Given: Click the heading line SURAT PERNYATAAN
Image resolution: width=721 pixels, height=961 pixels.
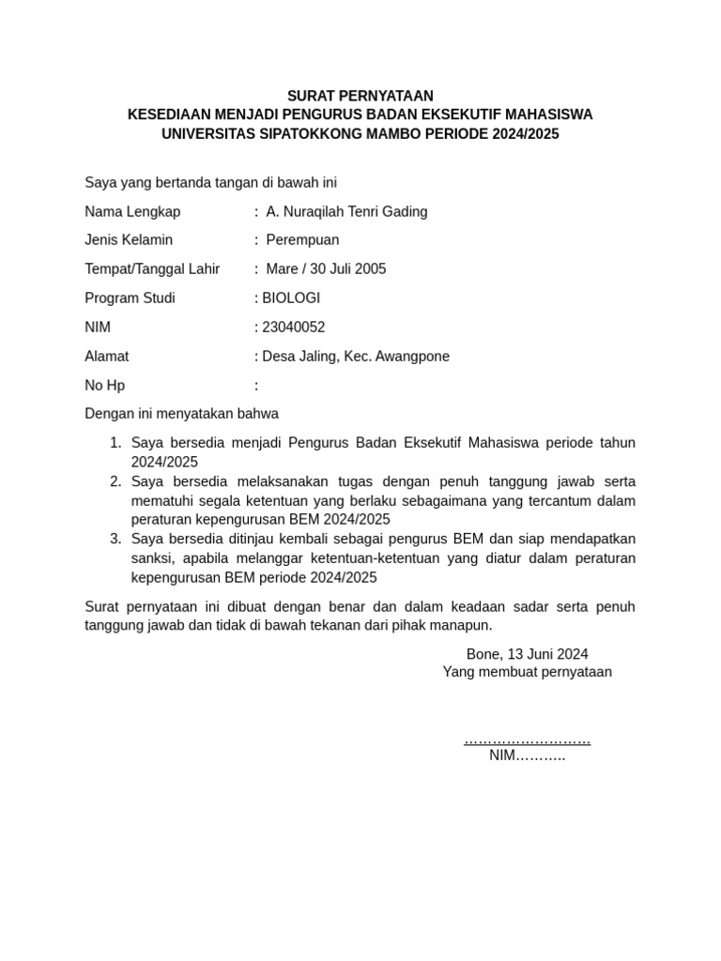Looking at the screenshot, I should tap(360, 96).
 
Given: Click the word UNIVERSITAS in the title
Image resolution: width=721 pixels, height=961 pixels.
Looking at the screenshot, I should tap(201, 134).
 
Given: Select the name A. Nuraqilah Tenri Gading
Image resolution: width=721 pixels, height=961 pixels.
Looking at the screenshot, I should tap(346, 212).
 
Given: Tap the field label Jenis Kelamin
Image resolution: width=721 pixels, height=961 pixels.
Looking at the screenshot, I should tap(129, 240).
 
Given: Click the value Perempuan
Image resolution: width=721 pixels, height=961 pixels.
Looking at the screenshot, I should tap(302, 240).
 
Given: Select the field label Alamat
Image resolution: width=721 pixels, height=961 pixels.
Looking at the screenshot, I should tap(107, 357).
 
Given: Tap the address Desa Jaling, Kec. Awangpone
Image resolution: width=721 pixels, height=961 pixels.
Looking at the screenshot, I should tap(356, 357).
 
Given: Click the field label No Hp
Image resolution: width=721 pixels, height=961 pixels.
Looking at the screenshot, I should tap(104, 386).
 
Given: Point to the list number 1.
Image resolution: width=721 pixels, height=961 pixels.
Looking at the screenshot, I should tap(115, 443).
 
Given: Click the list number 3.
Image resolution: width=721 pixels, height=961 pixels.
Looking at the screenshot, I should tap(115, 539).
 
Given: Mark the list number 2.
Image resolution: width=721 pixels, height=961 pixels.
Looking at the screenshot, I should tap(115, 481).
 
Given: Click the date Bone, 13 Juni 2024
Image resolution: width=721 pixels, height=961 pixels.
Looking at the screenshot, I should tap(527, 654).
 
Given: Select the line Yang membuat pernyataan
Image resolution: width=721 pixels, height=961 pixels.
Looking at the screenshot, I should tap(527, 672).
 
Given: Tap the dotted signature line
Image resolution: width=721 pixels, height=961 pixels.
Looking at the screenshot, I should tap(527, 740).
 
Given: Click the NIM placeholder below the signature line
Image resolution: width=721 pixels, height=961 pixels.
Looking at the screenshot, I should tap(527, 756).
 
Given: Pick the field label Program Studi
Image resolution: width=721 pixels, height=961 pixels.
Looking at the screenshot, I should tap(130, 298).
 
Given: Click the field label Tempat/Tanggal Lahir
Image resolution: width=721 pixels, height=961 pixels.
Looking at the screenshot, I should tap(152, 269).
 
